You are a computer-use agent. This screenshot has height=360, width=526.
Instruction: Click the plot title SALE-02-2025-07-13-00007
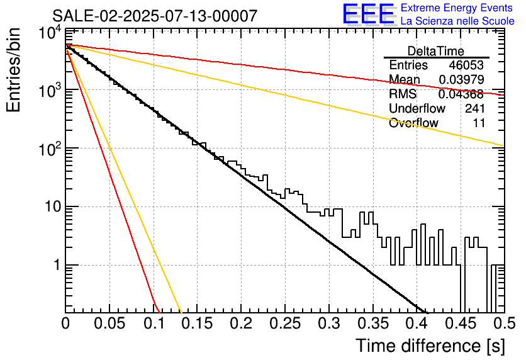coord(155,16)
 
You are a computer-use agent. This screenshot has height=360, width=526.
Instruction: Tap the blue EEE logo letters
coord(369,14)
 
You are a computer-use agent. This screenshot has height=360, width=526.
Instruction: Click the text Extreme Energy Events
coord(457,8)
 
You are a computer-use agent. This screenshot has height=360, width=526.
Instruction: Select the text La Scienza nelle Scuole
coord(457,21)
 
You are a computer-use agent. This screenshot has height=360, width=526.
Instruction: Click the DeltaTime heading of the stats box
coord(436,51)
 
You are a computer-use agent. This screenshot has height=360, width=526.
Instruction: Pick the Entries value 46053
coord(466,65)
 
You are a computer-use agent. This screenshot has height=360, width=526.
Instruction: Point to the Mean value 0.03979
coord(462,79)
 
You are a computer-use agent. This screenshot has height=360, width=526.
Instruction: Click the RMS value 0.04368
coord(461,94)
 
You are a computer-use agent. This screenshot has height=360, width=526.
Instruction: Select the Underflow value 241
coord(475,108)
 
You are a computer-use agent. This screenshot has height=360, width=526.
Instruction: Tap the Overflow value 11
coord(479,123)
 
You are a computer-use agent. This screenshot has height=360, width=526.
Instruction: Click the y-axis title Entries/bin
coord(13,70)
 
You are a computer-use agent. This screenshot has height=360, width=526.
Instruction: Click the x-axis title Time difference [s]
coord(430,346)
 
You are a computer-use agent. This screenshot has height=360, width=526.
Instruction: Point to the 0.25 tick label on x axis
coord(285,323)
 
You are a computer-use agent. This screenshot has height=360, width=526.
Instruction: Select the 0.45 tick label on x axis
coord(461,323)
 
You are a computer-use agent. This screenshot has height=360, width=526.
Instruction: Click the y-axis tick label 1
coord(57,265)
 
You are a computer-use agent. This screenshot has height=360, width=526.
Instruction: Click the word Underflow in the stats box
coord(417,108)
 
